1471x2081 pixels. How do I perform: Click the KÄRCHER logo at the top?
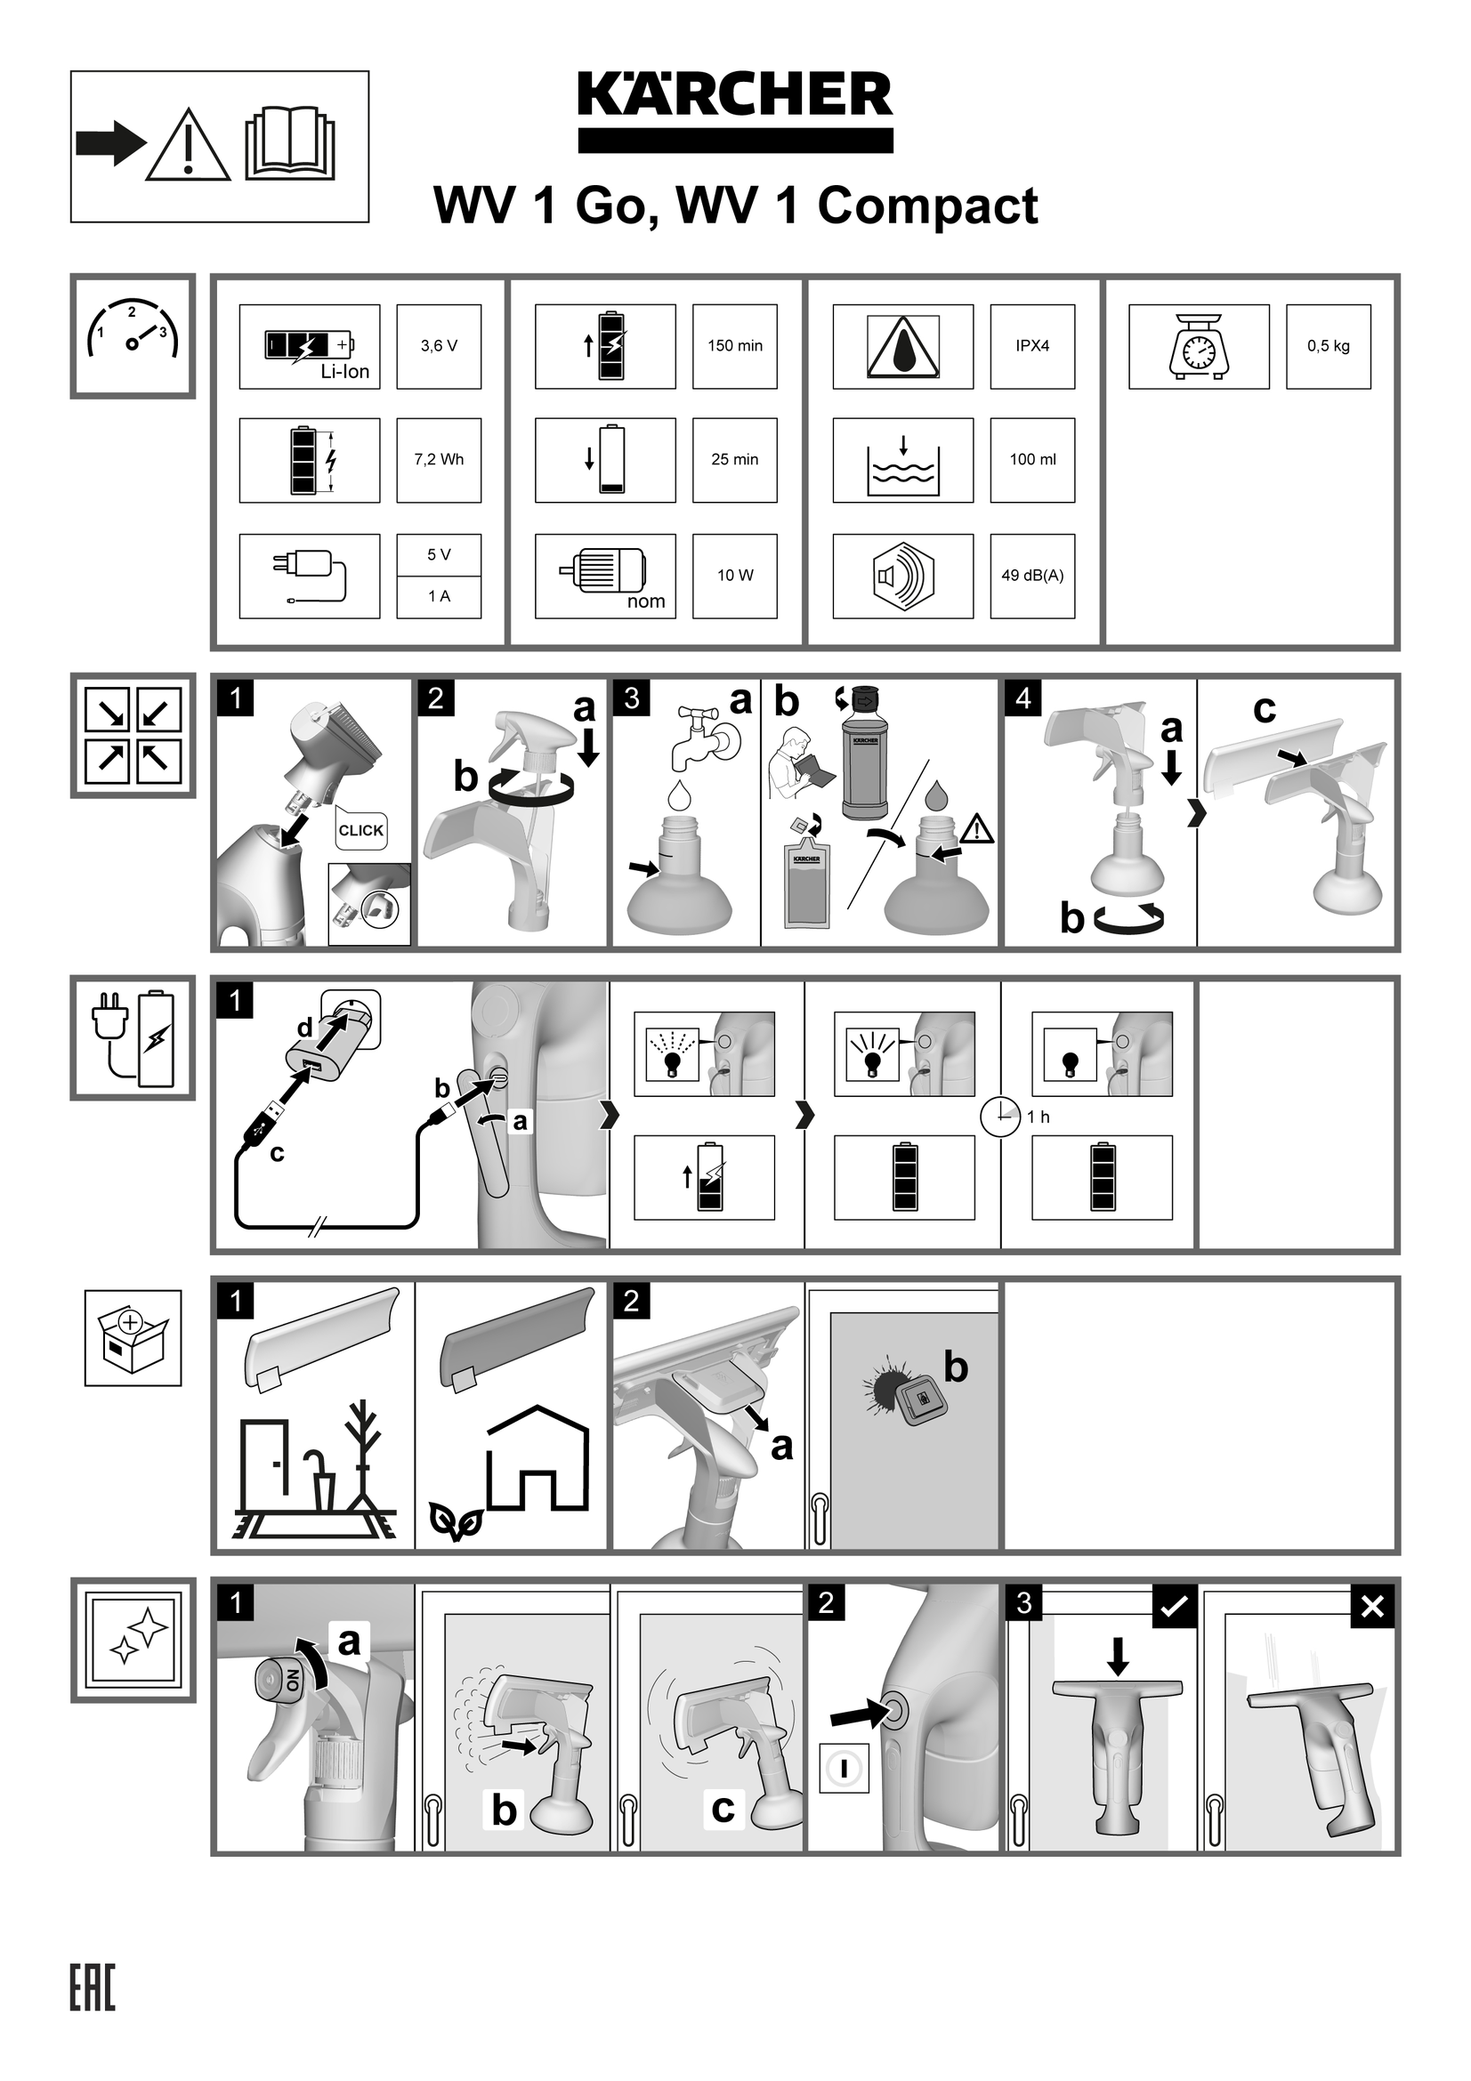pos(735,110)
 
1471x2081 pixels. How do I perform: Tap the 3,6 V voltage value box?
pos(439,346)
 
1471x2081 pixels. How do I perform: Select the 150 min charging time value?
pos(735,346)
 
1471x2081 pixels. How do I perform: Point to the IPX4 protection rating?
pos(1032,346)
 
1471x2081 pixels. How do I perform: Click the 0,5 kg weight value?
pos(1329,346)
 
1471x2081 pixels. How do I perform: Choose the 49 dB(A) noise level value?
pos(1032,576)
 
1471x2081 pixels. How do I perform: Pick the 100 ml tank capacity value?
pos(1032,459)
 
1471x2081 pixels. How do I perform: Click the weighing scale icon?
pos(1198,346)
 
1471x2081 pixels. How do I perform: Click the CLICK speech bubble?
pos(360,827)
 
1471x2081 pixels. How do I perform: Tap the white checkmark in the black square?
pos(1175,1606)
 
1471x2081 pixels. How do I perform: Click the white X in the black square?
pos(1372,1606)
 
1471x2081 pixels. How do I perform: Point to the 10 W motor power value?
pos(735,576)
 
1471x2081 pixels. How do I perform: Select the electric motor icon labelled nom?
pos(605,577)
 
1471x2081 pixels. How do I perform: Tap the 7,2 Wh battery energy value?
pos(439,459)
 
